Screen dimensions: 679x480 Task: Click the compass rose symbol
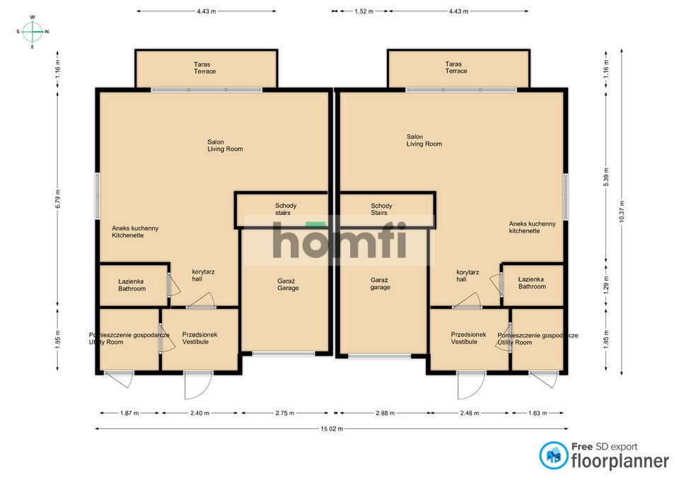[x=33, y=32]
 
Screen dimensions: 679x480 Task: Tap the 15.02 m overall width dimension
[x=332, y=429]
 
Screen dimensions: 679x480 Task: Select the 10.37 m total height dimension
[x=622, y=211]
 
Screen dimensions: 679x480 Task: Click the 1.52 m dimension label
[x=364, y=11]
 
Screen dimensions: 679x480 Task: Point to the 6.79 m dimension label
[x=58, y=199]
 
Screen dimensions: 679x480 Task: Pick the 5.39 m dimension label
[x=606, y=177]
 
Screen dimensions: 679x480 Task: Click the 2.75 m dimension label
[x=285, y=413]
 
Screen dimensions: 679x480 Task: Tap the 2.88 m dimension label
[x=385, y=413]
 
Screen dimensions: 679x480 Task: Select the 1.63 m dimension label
[x=538, y=413]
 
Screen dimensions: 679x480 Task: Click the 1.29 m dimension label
[x=606, y=285]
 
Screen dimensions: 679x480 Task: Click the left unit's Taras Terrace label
[x=205, y=68]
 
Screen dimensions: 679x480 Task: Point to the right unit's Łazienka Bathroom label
[x=532, y=283]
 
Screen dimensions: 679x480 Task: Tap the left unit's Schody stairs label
[x=286, y=209]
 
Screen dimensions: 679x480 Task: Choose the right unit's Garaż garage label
[x=380, y=283]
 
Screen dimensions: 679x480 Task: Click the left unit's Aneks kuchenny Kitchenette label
[x=135, y=232]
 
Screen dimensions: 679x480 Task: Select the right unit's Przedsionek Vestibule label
[x=468, y=338]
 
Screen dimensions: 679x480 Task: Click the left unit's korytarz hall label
[x=204, y=275]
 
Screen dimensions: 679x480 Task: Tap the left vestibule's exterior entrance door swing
[x=198, y=385]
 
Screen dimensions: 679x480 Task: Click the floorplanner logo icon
[x=554, y=455]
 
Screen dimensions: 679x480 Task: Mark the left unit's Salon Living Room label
[x=225, y=146]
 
